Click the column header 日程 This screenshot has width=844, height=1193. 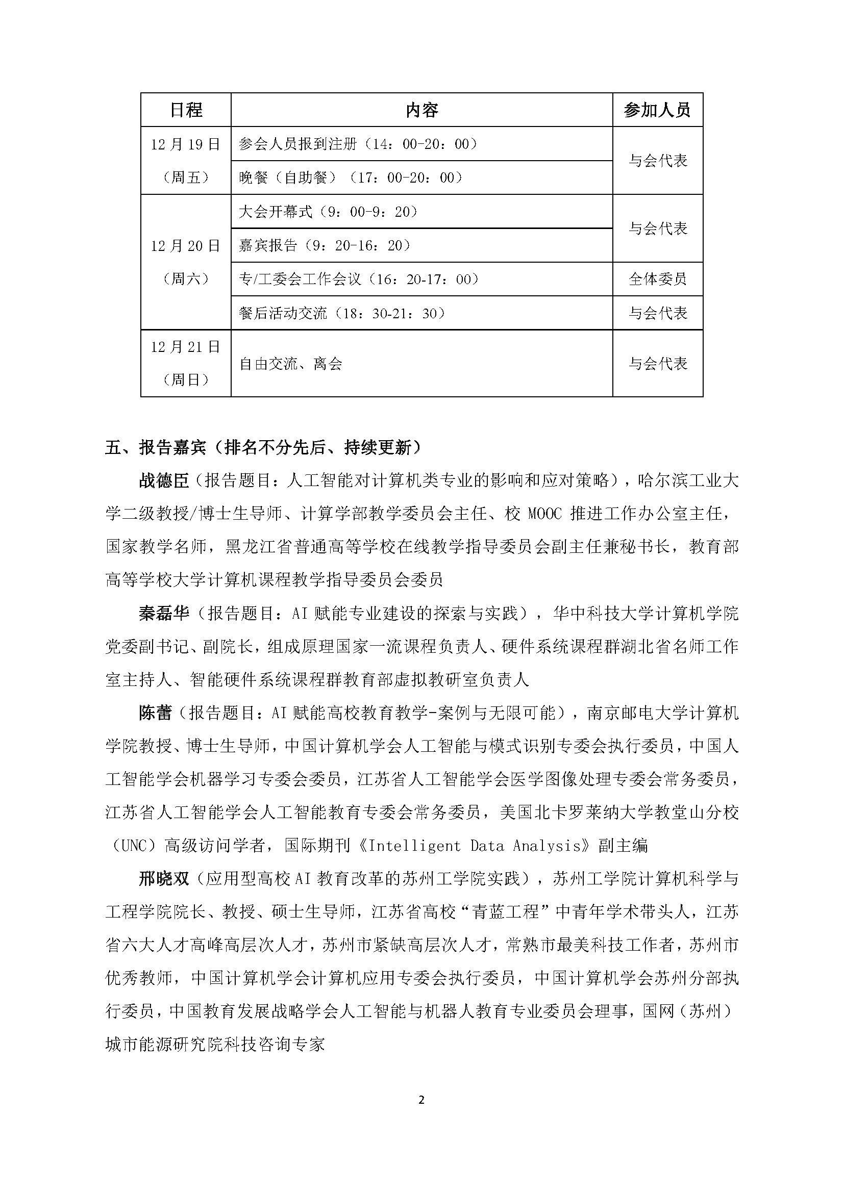coord(186,110)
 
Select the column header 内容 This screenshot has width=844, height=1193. coord(421,110)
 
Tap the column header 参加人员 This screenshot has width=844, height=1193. coord(657,110)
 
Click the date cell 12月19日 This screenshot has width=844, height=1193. coord(186,144)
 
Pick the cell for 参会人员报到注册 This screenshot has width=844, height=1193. coord(358,144)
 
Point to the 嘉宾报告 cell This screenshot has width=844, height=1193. coord(325,245)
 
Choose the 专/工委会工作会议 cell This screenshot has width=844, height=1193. coord(359,279)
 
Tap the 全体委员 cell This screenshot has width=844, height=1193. coord(657,279)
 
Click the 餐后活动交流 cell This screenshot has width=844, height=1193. coord(342,313)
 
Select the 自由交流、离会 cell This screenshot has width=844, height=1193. coord(290,364)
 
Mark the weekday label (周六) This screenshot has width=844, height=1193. coord(186,279)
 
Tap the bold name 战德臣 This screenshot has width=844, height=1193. coord(164,481)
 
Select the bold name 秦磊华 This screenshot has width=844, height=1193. coord(164,614)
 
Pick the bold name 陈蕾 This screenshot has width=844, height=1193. coord(155,713)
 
